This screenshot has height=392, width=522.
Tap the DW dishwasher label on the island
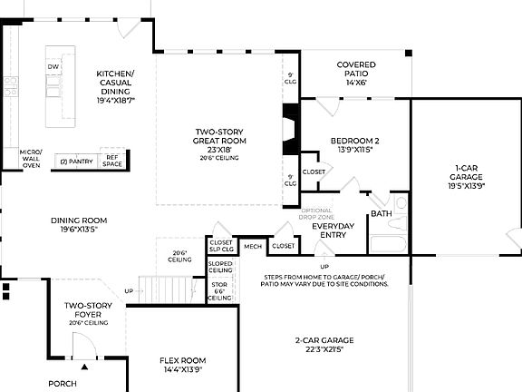click(x=53, y=67)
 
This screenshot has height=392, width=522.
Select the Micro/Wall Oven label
click(x=31, y=159)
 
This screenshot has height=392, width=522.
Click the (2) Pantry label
click(x=76, y=161)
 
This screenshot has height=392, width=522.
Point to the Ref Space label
click(x=111, y=160)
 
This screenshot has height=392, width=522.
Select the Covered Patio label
click(x=356, y=73)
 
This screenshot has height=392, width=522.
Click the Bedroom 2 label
click(x=353, y=144)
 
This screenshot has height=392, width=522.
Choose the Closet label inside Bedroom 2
click(x=314, y=171)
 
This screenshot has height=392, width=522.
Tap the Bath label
click(x=382, y=214)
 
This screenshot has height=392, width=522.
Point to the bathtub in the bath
click(x=388, y=243)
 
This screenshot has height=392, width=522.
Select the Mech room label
click(x=253, y=245)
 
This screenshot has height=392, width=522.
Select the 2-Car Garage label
click(x=324, y=346)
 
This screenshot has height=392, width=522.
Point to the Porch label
click(x=63, y=384)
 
